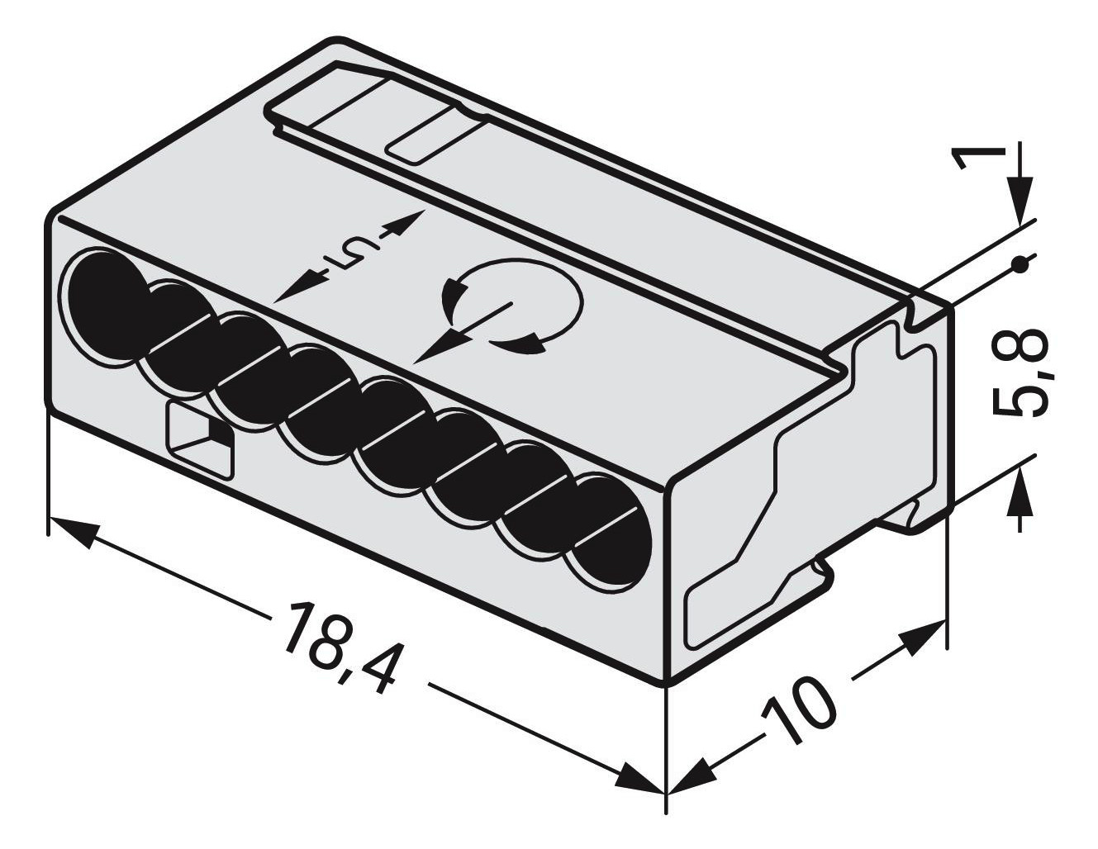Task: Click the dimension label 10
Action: (798, 709)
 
